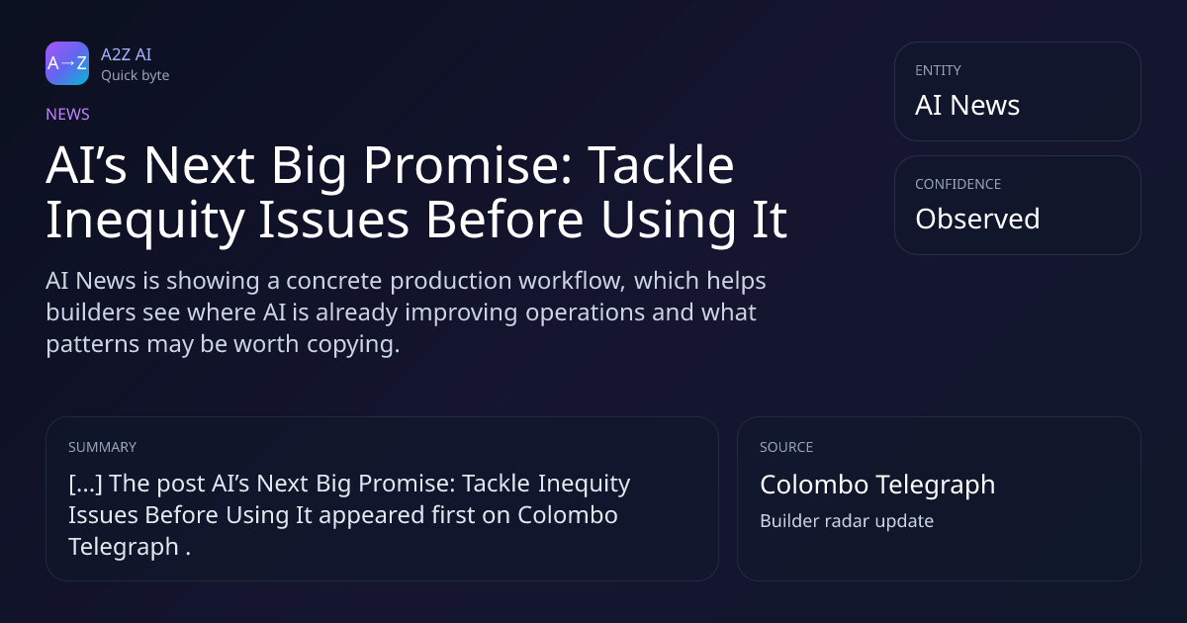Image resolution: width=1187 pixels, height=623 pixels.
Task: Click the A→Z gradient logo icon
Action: pos(67,63)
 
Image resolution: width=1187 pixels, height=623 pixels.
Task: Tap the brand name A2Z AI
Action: pos(127,54)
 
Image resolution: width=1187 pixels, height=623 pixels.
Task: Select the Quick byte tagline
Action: pos(136,76)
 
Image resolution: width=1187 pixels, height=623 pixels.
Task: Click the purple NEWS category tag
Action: pos(68,114)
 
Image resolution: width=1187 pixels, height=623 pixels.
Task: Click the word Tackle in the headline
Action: pos(662,165)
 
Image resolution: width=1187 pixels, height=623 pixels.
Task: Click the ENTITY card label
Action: pos(938,70)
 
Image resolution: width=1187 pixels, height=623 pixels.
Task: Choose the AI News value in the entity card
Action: pos(967,105)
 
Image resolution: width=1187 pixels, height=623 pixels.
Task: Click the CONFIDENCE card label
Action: pos(959,184)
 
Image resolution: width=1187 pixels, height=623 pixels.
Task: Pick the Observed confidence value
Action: pos(977,219)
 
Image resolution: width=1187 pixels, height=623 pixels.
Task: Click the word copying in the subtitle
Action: pos(353,345)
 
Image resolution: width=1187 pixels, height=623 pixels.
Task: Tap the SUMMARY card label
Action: pos(102,447)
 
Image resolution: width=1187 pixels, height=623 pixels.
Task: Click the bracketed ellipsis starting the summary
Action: pos(85,484)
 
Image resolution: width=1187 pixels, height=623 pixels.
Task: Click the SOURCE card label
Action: pos(786,447)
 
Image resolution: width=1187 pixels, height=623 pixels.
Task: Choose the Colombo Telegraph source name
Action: pos(877,486)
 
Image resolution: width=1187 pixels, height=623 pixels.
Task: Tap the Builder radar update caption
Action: pos(847,521)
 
